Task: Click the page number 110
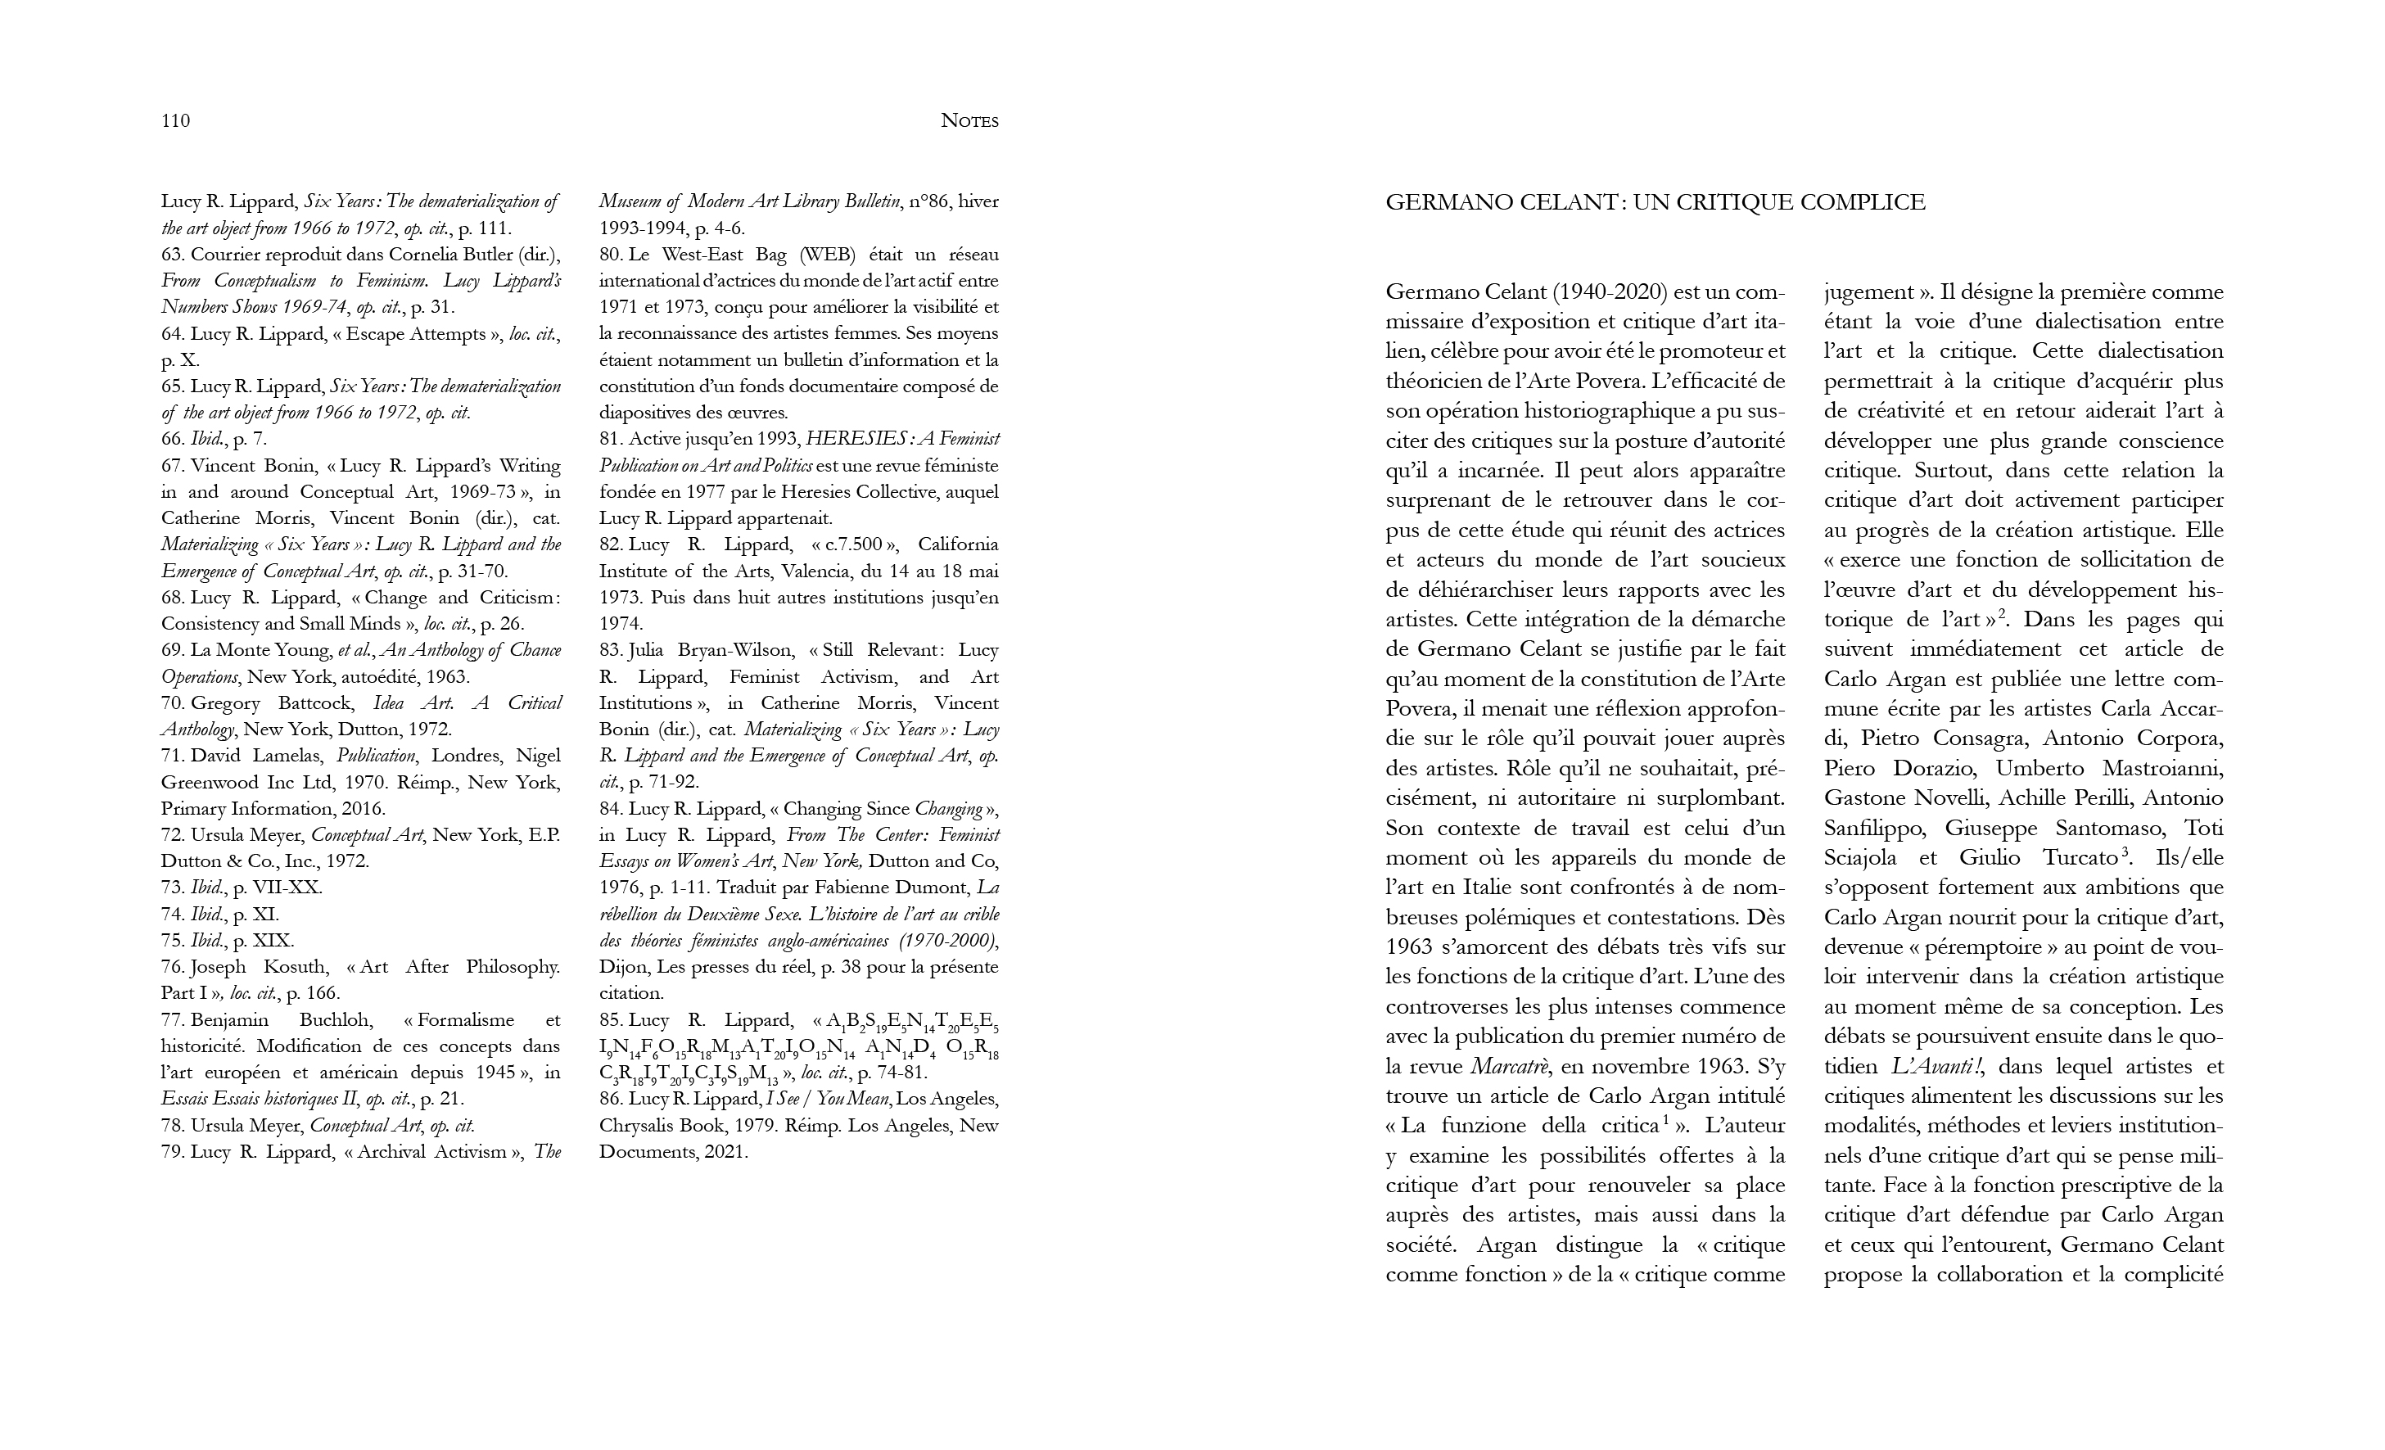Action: [175, 121]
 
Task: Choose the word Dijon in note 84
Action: [622, 967]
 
